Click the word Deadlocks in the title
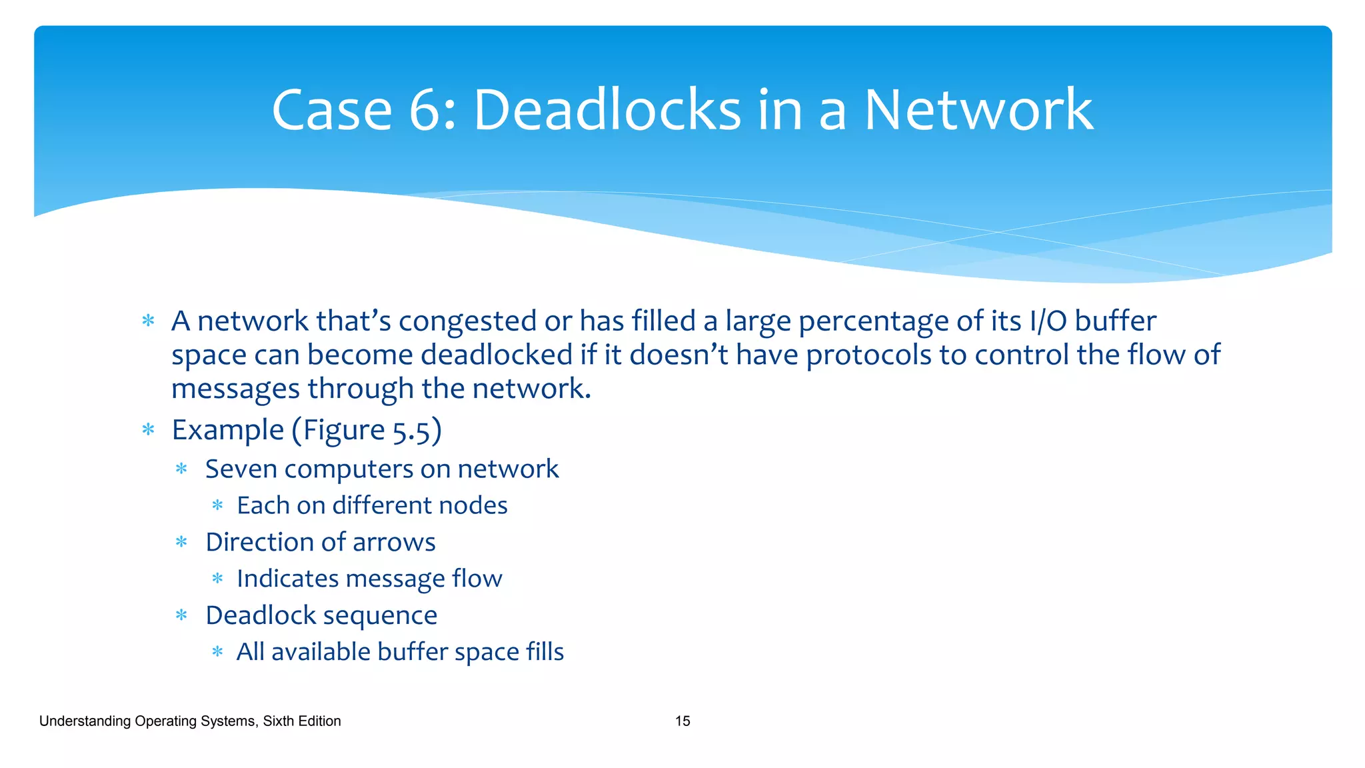pos(607,110)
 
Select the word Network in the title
pos(978,110)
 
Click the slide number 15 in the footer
pos(682,721)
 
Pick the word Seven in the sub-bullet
pos(241,469)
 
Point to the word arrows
pos(394,543)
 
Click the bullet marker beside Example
pos(148,430)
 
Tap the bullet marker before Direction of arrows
pos(181,542)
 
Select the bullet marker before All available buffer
pos(217,651)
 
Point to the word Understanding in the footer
pos(85,721)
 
